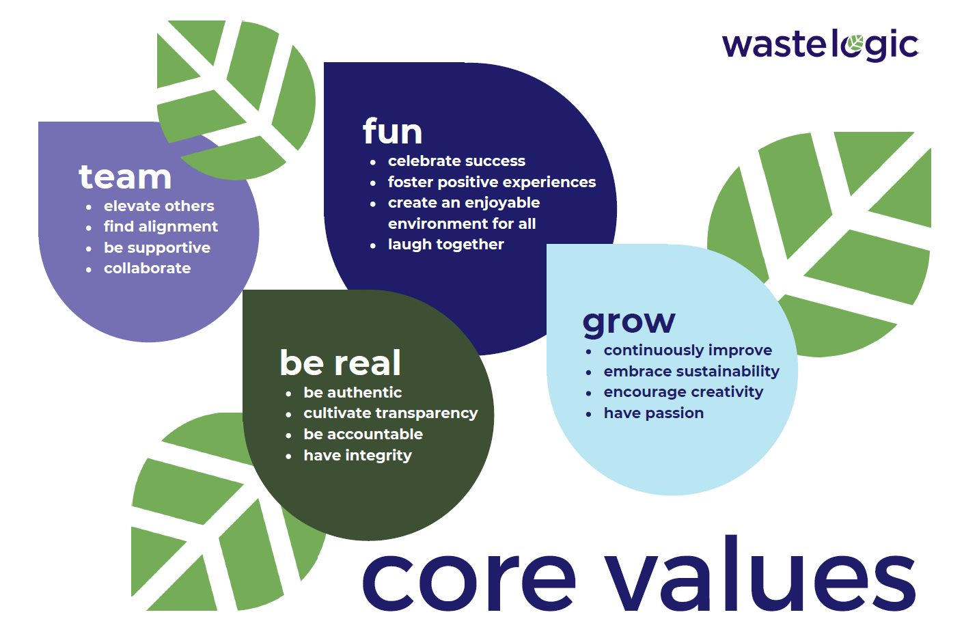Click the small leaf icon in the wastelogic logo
[x=854, y=46]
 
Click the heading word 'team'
[x=125, y=177]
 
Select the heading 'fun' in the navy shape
[x=392, y=131]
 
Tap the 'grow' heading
[x=629, y=322]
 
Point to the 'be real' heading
[x=340, y=363]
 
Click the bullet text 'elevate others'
[x=159, y=206]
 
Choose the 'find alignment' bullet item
[x=161, y=227]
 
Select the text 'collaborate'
[x=147, y=268]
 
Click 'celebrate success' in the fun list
[x=456, y=161]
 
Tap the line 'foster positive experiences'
[x=491, y=182]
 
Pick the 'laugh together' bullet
[x=445, y=245]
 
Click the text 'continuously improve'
[x=687, y=350]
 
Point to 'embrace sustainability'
[x=691, y=372]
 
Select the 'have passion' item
[x=653, y=413]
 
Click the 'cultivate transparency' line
[x=390, y=413]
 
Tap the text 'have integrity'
[x=357, y=456]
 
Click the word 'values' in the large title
[x=761, y=577]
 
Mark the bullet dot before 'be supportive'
[x=89, y=249]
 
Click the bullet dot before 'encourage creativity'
[x=588, y=394]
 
